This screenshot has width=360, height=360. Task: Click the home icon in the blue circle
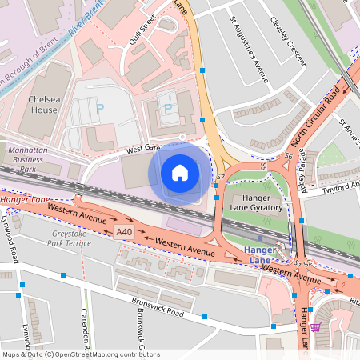click(180, 173)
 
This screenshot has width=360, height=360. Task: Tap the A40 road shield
click(122, 232)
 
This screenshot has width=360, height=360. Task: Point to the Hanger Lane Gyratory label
click(255, 202)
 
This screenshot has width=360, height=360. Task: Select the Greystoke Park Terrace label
click(71, 237)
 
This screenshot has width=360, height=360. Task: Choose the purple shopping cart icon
click(316, 327)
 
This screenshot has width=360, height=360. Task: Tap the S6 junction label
click(289, 156)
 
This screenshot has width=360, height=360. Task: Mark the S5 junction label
click(263, 166)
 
